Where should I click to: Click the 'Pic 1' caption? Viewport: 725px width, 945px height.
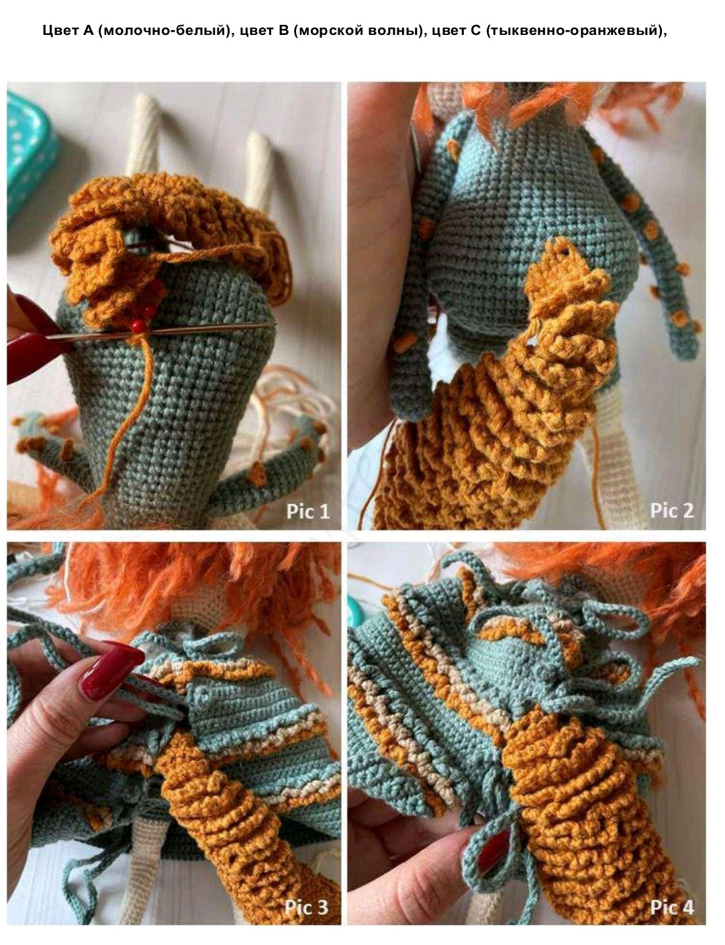[307, 511]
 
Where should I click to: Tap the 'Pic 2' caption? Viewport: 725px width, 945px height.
[671, 510]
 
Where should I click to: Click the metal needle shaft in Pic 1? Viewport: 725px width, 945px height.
[161, 331]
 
